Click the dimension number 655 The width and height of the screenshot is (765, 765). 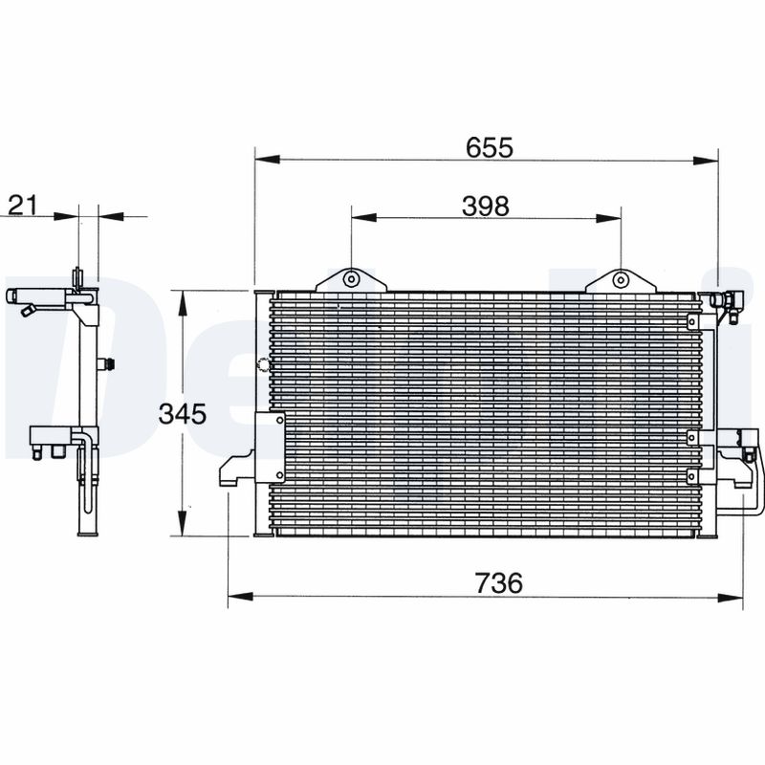click(491, 147)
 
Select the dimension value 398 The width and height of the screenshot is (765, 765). click(485, 205)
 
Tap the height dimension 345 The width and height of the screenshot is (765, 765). click(183, 414)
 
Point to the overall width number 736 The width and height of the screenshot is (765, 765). click(499, 583)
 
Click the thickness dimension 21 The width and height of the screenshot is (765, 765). click(22, 203)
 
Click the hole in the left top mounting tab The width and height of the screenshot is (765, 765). click(351, 280)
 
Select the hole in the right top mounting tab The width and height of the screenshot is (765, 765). click(620, 280)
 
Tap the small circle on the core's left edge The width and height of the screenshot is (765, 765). click(264, 363)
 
